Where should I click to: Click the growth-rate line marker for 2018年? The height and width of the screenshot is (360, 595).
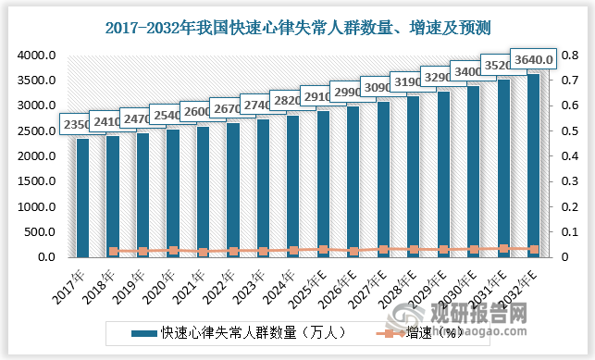click(113, 251)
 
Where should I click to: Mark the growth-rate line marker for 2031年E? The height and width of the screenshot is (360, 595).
click(503, 248)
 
